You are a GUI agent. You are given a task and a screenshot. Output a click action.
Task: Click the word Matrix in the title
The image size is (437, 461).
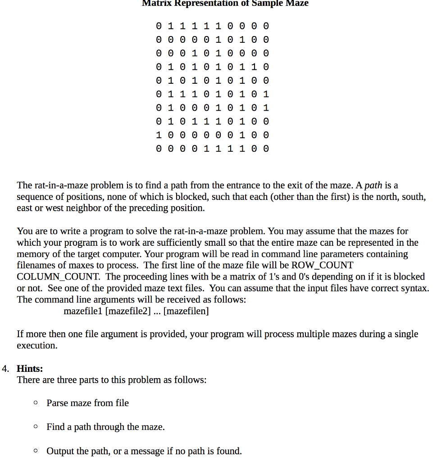click(155, 4)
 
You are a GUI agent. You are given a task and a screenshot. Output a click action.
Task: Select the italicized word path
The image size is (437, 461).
click(373, 185)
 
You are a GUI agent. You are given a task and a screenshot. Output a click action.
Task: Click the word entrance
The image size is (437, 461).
click(232, 185)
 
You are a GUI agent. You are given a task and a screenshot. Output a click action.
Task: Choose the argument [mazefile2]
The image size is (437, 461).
click(127, 311)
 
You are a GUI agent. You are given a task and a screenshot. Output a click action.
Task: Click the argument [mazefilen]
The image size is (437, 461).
click(186, 311)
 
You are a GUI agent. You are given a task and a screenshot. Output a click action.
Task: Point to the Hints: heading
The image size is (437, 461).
click(30, 369)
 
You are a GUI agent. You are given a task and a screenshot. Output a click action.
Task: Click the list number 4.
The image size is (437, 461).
click(5, 369)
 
